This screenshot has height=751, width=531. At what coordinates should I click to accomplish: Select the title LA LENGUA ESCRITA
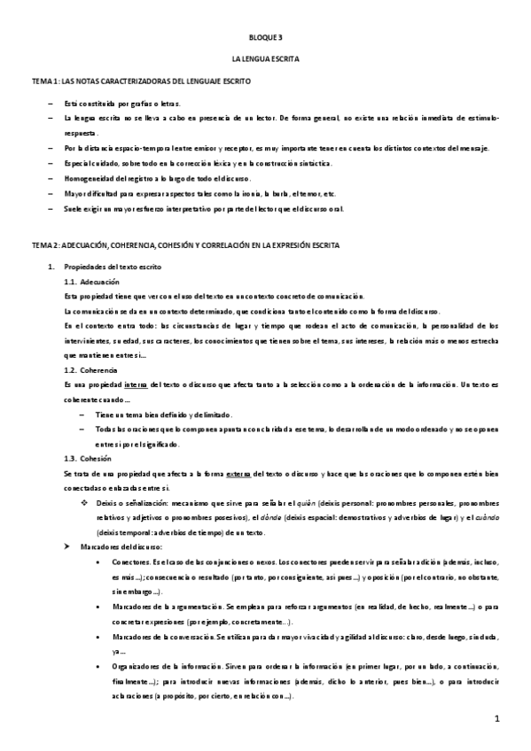(265, 59)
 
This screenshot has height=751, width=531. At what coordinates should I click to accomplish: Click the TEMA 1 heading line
(142, 81)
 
